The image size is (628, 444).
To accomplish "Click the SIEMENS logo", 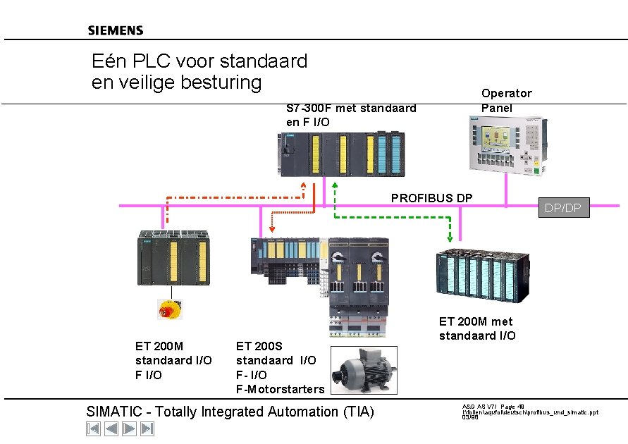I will [116, 30].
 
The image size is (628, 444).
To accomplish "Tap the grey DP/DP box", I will [564, 207].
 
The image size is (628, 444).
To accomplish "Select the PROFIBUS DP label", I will [431, 197].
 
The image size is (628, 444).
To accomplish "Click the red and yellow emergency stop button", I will [169, 308].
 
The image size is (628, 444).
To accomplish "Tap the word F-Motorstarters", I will [281, 389].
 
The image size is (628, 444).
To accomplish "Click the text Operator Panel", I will [506, 100].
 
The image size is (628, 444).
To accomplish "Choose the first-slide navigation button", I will [93, 428].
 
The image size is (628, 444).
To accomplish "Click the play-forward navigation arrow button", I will [130, 428].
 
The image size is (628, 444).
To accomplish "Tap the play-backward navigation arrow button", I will [111, 428].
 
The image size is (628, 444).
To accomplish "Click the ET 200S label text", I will [259, 345].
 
